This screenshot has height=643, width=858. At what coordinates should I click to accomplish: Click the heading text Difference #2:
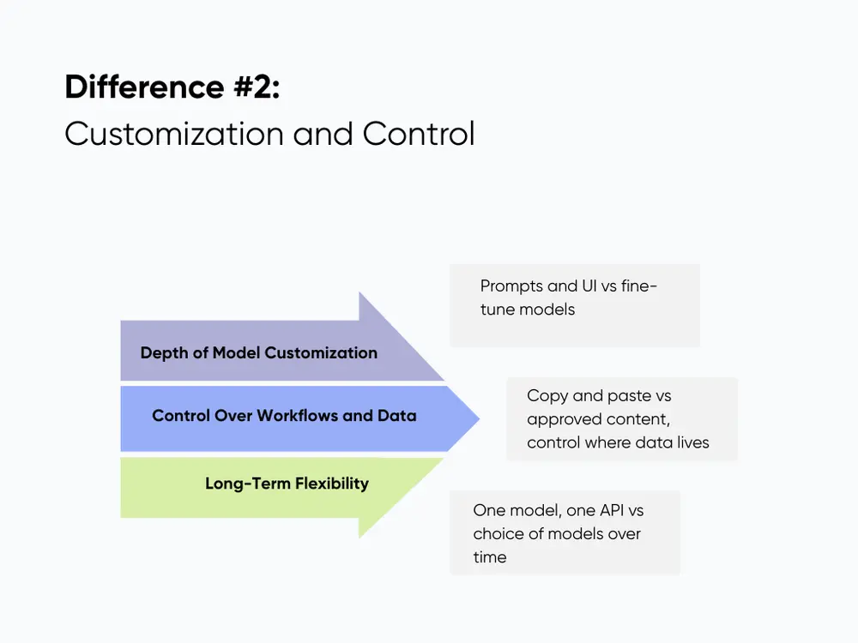coord(172,87)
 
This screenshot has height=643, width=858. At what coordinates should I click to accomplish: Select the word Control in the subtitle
coord(418,135)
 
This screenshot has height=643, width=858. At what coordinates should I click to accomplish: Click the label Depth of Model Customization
coord(258,352)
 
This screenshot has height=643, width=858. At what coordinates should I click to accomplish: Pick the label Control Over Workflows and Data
coord(284,416)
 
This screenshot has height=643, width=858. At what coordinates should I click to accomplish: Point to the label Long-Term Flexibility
coord(287,484)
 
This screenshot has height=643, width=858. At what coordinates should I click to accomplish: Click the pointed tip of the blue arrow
coord(479,418)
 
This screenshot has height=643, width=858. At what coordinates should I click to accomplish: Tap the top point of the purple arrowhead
coord(360,293)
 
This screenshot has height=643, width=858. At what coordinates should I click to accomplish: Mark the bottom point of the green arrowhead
coord(360,538)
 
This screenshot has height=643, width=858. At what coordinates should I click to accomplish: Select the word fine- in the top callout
coord(637,286)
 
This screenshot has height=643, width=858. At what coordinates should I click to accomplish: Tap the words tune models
coord(528,309)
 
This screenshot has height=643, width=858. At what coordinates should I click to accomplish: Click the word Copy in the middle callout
coord(546,396)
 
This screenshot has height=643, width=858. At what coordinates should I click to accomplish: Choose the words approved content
coord(597,419)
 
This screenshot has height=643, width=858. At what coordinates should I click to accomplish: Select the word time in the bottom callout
coord(489,556)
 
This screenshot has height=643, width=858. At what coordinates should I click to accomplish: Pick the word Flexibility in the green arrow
coord(332,484)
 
